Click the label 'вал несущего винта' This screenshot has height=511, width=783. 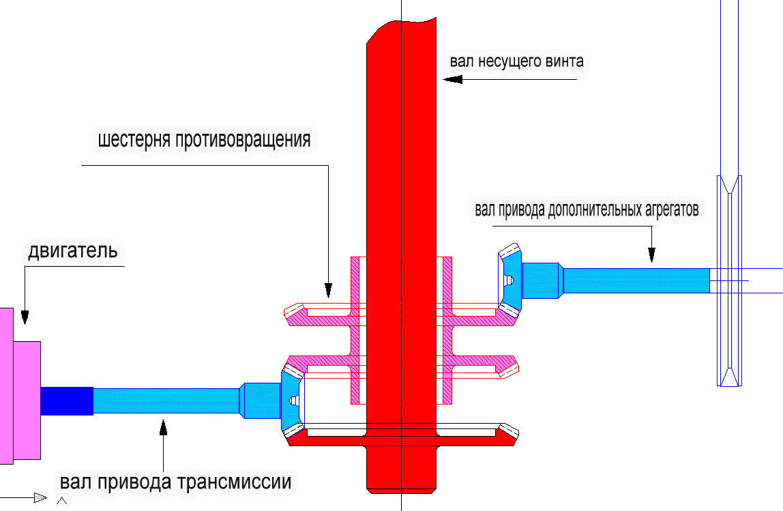pos(516,61)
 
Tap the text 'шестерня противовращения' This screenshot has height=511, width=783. pos(204,141)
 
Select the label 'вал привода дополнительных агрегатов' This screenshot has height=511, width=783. pos(587,209)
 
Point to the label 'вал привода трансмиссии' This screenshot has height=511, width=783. pos(175,482)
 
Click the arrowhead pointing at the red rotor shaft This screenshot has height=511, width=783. pos(452,79)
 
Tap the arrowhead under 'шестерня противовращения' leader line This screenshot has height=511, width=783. pos(329,291)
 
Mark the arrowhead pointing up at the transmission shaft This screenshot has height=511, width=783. pos(163,427)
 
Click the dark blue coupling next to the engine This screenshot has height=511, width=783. pos(66,400)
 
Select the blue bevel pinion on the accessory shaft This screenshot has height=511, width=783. pos(512,280)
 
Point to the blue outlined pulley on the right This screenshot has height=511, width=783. pos(729,280)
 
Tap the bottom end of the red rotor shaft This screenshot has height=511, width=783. pos(401,486)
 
